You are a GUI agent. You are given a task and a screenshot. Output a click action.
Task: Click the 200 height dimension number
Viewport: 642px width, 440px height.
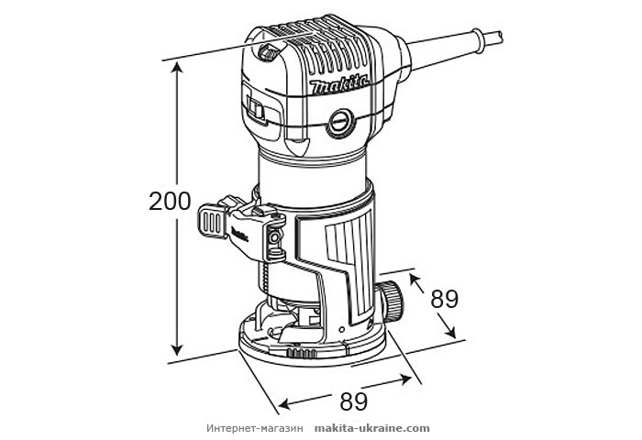(x=170, y=202)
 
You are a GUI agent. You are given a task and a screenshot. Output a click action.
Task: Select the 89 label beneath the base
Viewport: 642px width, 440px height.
(x=354, y=401)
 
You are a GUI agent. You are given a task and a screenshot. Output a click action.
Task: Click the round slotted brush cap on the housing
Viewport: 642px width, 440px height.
(x=342, y=121)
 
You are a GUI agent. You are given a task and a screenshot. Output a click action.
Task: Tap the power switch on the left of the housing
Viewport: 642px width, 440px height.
(x=256, y=112)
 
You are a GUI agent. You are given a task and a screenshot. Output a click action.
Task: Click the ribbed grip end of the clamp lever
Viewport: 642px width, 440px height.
(x=209, y=220)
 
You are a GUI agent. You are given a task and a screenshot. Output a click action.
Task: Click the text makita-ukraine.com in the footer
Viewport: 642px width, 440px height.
(x=371, y=428)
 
